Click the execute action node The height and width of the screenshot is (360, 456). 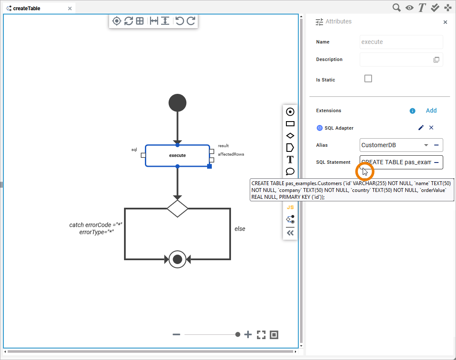point(177,156)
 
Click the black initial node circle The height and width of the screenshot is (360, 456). point(177,103)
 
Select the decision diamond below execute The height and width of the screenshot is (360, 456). point(177,209)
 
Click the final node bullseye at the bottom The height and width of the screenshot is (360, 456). point(177,259)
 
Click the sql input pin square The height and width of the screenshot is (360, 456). point(143,155)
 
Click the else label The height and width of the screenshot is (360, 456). point(240,229)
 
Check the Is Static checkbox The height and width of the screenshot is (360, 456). point(368,78)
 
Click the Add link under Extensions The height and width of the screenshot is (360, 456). point(431,110)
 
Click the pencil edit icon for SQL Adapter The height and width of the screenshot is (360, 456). point(421,128)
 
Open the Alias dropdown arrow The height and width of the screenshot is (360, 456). point(426,145)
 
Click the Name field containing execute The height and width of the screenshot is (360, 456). point(401,42)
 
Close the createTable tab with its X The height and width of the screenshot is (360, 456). point(70,8)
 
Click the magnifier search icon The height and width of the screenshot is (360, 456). point(396,7)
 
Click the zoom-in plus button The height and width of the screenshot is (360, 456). point(248,335)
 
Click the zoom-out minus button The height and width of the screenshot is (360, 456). point(176,335)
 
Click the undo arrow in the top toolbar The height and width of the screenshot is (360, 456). point(179,20)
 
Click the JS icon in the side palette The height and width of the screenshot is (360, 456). point(290,207)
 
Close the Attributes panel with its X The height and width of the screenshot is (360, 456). point(445,22)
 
